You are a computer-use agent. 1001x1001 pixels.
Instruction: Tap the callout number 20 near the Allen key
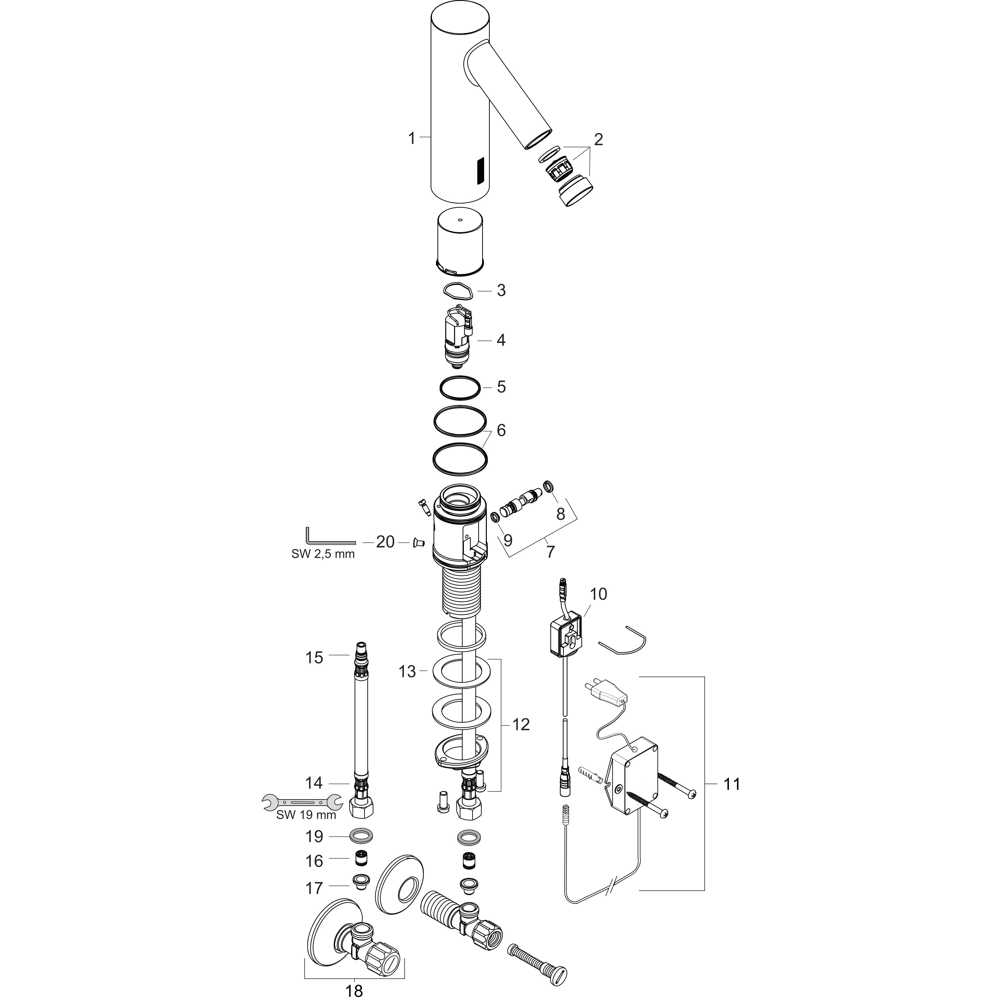click(x=385, y=542)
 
